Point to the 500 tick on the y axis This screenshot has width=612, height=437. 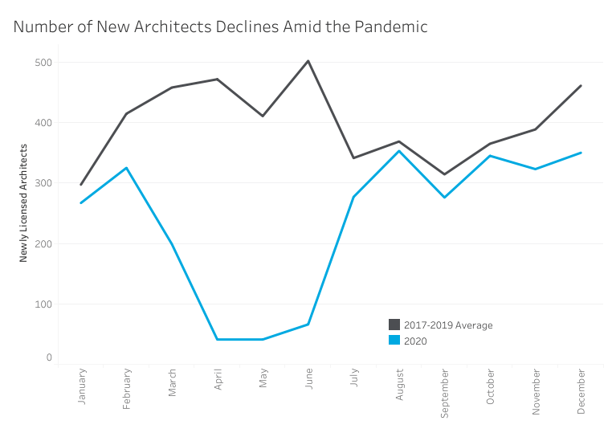click(x=43, y=63)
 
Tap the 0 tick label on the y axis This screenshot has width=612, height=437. click(x=48, y=357)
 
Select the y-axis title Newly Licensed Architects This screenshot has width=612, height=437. click(x=24, y=202)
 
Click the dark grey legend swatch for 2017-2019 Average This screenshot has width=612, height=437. click(x=394, y=325)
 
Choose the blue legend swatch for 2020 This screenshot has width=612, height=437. click(x=394, y=340)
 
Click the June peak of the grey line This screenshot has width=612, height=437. click(x=308, y=61)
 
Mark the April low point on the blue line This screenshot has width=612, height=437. click(x=217, y=339)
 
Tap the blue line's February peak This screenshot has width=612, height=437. click(x=126, y=168)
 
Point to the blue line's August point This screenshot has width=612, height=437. click(x=399, y=151)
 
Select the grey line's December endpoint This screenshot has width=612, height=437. click(x=581, y=86)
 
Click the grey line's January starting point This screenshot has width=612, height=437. click(x=81, y=185)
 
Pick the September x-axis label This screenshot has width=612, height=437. click(x=444, y=393)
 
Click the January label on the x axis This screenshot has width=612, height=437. click(x=81, y=387)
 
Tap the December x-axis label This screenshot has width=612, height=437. click(x=581, y=391)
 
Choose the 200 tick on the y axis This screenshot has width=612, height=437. click(x=43, y=243)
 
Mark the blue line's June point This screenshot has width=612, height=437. click(x=308, y=325)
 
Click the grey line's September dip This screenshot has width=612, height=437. click(x=444, y=174)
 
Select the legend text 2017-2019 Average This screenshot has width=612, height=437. click(x=448, y=325)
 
